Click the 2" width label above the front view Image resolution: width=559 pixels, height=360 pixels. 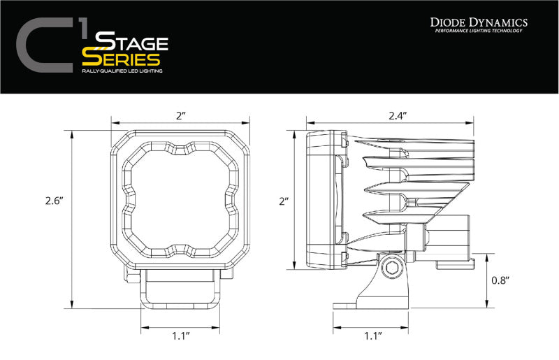click(x=181, y=115)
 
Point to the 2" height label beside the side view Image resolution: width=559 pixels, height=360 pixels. click(x=283, y=201)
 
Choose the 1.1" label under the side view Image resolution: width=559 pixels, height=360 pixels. click(x=373, y=336)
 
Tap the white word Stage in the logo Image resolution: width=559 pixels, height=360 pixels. click(x=132, y=41)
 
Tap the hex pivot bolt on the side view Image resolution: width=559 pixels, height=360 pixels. click(x=389, y=268)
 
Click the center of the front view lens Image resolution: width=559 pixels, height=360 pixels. click(x=181, y=199)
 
